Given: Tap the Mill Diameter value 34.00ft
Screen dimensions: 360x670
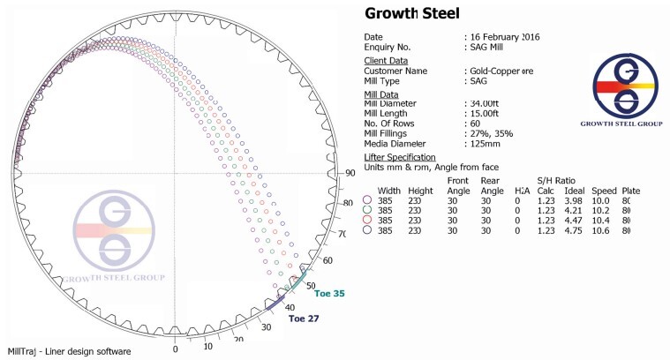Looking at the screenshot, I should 484,103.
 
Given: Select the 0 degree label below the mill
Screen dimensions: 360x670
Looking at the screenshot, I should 175,349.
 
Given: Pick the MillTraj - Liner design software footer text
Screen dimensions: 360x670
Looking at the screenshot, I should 70,351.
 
